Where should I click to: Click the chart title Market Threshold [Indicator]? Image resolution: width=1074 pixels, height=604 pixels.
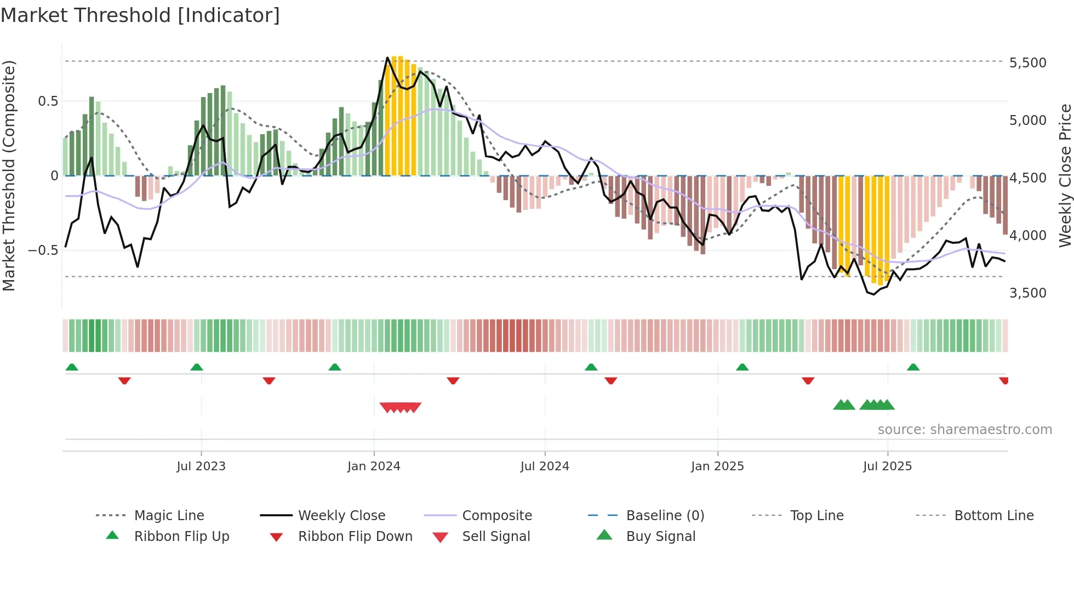(140, 15)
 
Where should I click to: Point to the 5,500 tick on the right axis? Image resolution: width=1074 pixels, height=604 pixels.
(1027, 63)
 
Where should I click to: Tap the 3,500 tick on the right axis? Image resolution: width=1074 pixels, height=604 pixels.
(1027, 293)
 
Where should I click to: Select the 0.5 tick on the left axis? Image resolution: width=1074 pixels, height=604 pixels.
(48, 101)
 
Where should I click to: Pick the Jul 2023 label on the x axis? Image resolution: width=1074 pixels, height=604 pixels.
(201, 466)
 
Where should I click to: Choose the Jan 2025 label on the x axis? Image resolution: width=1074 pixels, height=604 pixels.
(717, 466)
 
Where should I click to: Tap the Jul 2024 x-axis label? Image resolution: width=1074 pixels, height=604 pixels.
(545, 466)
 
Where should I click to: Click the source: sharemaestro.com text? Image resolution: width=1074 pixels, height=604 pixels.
(964, 430)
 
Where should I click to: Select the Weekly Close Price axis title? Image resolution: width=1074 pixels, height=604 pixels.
(1065, 175)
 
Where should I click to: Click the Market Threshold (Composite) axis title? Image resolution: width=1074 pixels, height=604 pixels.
(9, 175)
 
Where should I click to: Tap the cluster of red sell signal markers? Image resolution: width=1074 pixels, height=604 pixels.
(401, 407)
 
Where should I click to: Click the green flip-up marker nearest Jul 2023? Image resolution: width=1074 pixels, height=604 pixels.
(197, 367)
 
